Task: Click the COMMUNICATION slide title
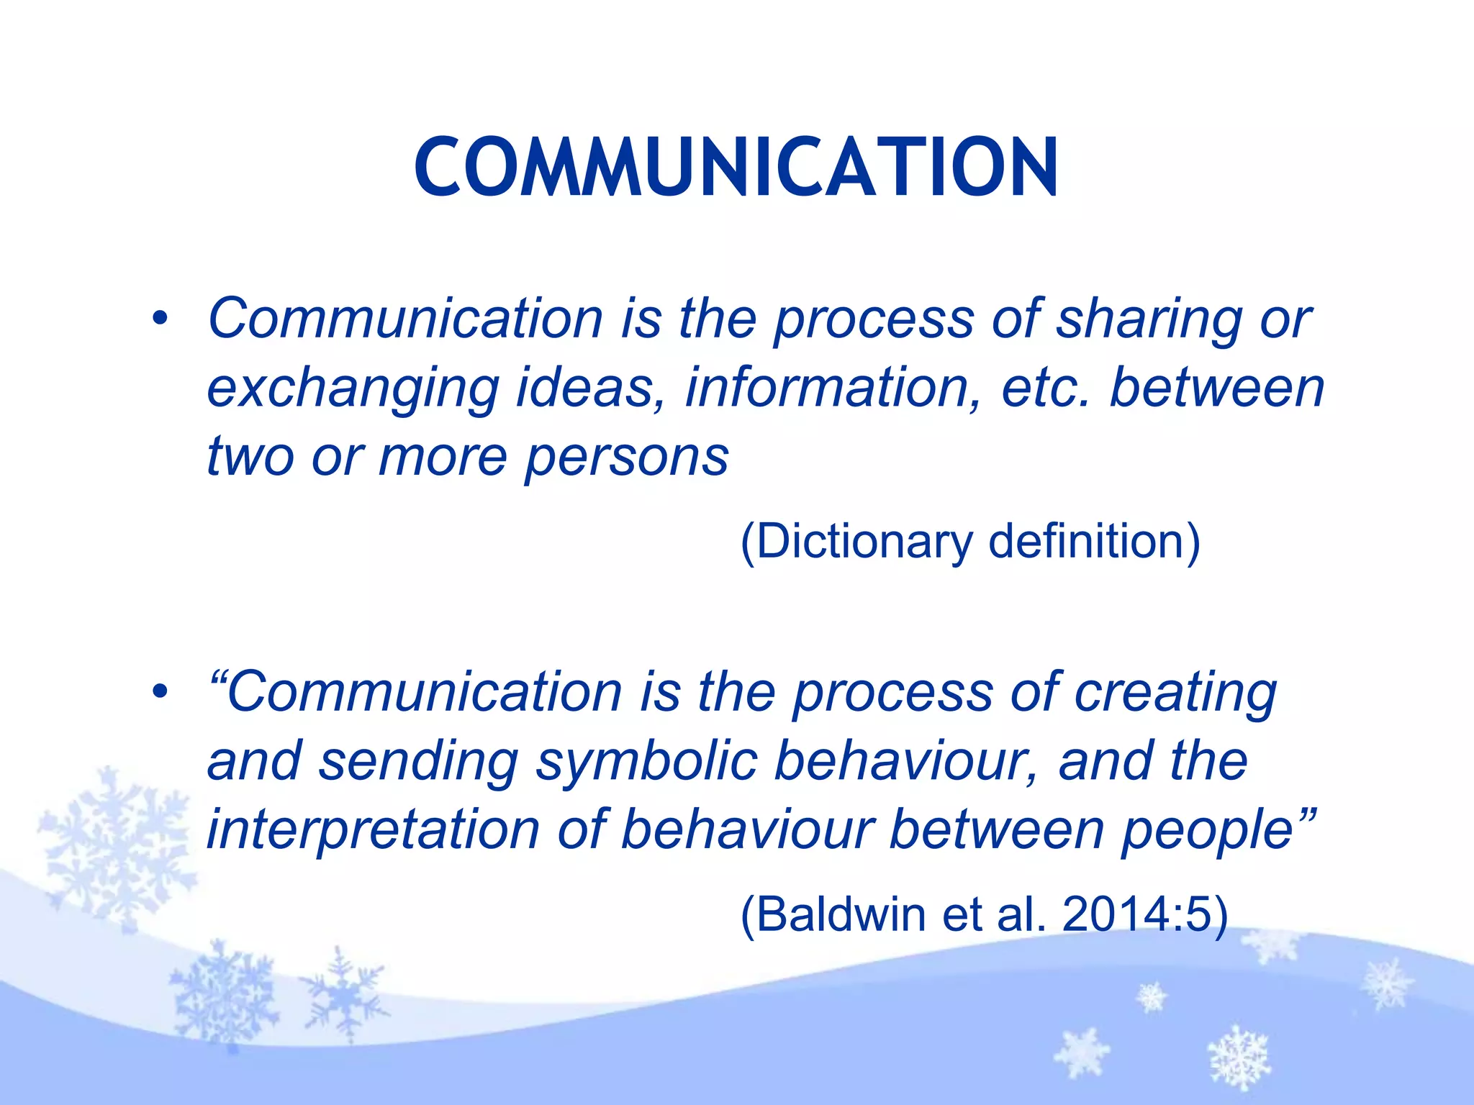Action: click(736, 167)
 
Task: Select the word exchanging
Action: click(353, 389)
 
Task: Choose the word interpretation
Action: click(373, 830)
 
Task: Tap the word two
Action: click(250, 457)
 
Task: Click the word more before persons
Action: click(443, 457)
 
